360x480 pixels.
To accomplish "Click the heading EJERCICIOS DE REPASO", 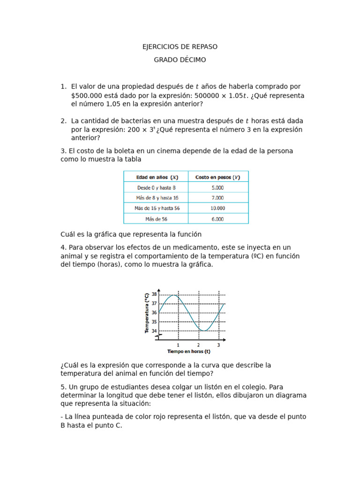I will tap(180, 47).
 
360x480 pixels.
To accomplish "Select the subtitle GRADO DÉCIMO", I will tap(180, 60).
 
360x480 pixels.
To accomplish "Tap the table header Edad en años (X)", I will tap(157, 177).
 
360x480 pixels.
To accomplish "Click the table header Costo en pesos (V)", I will tap(217, 177).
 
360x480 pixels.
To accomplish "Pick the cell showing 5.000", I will tap(217, 187).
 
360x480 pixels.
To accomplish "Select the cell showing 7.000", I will tap(217, 198).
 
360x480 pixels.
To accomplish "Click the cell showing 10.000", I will tap(217, 208).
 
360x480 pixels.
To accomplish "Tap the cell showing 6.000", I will tap(217, 219).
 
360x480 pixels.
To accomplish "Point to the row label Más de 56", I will tap(156, 219).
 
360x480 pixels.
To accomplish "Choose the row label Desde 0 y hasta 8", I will tap(156, 187).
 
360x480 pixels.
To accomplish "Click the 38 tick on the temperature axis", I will tap(154, 294).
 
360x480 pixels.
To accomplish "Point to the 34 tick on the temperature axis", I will tap(154, 331).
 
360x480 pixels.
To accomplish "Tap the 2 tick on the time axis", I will tap(198, 345).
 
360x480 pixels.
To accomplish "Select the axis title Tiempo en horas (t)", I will tap(189, 352).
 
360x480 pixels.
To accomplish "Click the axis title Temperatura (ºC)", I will tap(147, 313).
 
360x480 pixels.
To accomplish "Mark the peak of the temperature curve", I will tap(173, 295).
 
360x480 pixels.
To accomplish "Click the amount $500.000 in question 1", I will tap(86, 96).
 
